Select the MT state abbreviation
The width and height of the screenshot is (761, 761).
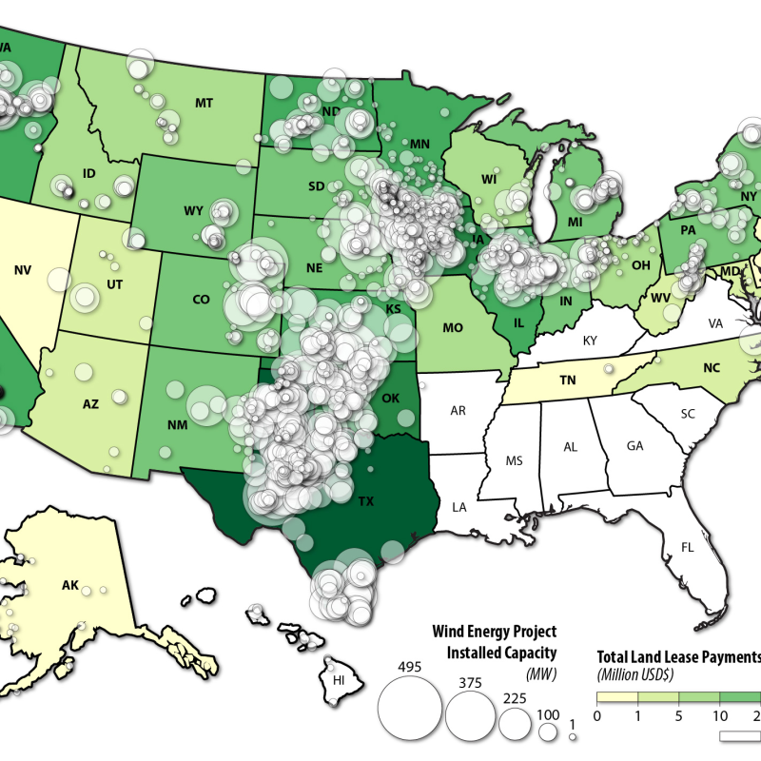pyautogui.click(x=203, y=102)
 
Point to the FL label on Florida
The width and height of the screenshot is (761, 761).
pyautogui.click(x=687, y=547)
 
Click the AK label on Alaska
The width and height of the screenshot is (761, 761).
pyautogui.click(x=69, y=585)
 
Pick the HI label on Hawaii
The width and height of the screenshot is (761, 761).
pyautogui.click(x=339, y=681)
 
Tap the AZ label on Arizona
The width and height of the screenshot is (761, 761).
pyautogui.click(x=90, y=403)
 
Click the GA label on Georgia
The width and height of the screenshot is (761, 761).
pyautogui.click(x=635, y=445)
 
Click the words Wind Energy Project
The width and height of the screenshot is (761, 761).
pyautogui.click(x=495, y=632)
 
